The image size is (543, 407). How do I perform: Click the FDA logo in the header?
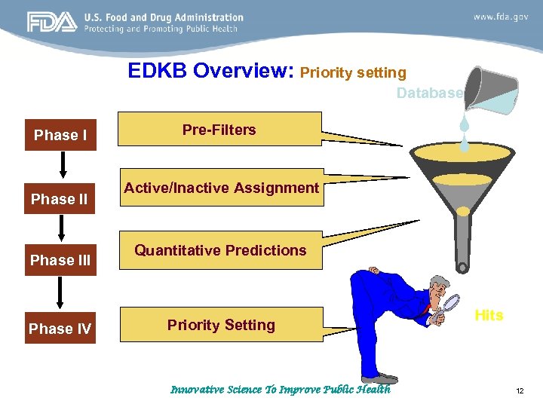51,23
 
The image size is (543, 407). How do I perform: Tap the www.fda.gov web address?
500,16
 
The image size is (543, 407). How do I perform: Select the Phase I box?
60,135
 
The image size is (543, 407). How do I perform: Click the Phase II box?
60,199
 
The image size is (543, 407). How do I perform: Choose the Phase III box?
60,260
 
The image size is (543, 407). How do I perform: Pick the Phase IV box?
60,328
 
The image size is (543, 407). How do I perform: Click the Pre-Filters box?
219,130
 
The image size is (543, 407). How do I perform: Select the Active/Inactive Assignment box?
221,188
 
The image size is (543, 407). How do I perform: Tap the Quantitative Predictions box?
220,250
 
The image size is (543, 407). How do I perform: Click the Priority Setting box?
221,325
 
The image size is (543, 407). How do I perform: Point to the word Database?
429,93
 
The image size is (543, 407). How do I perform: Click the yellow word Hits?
489,315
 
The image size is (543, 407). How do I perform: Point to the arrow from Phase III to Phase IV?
60,293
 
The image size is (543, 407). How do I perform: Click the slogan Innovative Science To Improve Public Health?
280,390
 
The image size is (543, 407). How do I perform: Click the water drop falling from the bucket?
465,124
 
